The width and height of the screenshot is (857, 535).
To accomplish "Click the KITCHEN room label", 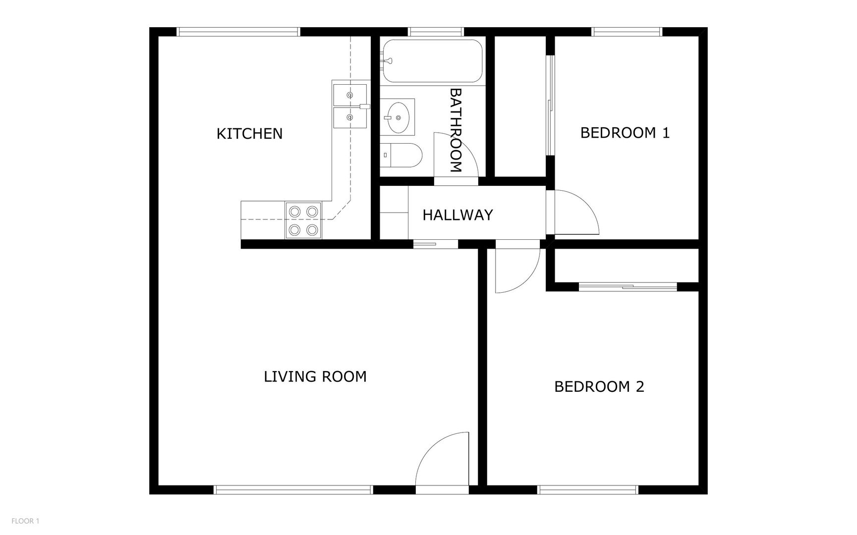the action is pyautogui.click(x=249, y=133).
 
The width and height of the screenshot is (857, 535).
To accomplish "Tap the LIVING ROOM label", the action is pyautogui.click(x=315, y=376).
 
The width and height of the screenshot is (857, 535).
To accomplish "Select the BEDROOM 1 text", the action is pyautogui.click(x=625, y=133).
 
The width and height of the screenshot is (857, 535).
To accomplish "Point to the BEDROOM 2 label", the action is pyautogui.click(x=599, y=386).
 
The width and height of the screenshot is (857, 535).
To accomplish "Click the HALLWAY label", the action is pyautogui.click(x=457, y=215).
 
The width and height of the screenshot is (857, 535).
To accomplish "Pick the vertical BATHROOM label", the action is pyautogui.click(x=456, y=130).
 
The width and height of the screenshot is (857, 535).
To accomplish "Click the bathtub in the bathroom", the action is pyautogui.click(x=433, y=61).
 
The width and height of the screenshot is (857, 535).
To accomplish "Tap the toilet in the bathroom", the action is pyautogui.click(x=403, y=155).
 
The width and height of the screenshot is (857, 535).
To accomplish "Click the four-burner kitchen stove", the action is pyautogui.click(x=303, y=220).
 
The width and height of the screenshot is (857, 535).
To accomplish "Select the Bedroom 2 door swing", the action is pyautogui.click(x=517, y=270).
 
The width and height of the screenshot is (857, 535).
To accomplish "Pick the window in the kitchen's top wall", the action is pyautogui.click(x=238, y=32).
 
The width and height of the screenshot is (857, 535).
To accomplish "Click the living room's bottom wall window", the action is pyautogui.click(x=293, y=490).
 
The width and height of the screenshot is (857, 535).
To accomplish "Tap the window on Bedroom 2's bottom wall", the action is pyautogui.click(x=588, y=490).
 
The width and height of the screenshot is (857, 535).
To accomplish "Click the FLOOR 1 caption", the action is pyautogui.click(x=25, y=521).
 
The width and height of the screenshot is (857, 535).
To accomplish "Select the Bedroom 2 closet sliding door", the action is pyautogui.click(x=628, y=286).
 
